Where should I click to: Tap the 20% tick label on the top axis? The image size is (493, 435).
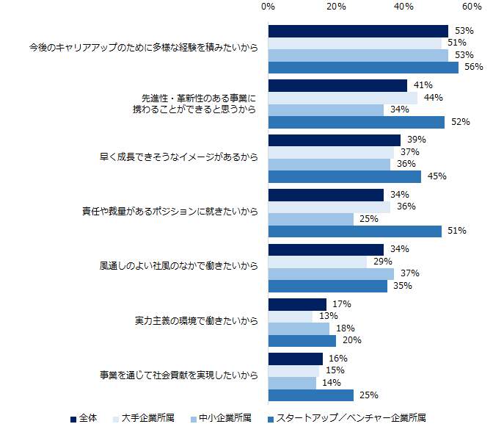click(336, 7)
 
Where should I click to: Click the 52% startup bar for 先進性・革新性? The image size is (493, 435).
click(357, 122)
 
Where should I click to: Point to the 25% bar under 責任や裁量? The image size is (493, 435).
click(311, 219)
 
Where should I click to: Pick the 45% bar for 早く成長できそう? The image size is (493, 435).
click(345, 176)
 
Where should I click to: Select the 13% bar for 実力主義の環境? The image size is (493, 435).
click(291, 316)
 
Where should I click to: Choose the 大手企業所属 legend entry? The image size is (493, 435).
click(144, 418)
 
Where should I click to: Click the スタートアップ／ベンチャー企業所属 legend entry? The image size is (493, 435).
click(346, 418)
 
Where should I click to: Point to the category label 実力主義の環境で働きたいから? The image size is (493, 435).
click(196, 321)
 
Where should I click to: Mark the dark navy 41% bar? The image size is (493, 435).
click(337, 85)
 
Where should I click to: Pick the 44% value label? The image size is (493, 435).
click(432, 98)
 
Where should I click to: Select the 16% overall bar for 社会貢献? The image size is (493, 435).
click(296, 359)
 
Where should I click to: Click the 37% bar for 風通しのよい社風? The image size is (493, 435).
click(331, 273)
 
